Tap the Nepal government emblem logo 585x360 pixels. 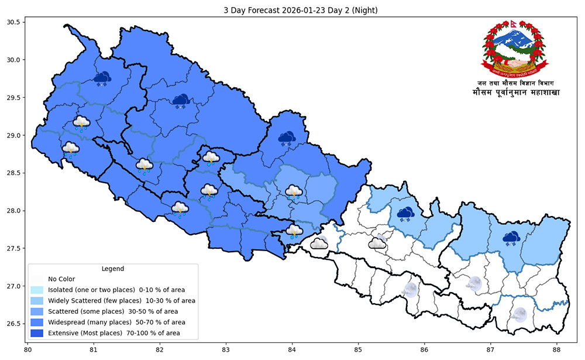pos(515,49)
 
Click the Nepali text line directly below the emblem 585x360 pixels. pos(515,83)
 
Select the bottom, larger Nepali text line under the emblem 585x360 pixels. pos(515,93)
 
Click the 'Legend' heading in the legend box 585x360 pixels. pos(112,269)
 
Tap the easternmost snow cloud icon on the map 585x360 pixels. pos(512,238)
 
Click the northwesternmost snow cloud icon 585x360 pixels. pos(102,78)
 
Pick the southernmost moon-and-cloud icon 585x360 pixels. pos(518,314)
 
